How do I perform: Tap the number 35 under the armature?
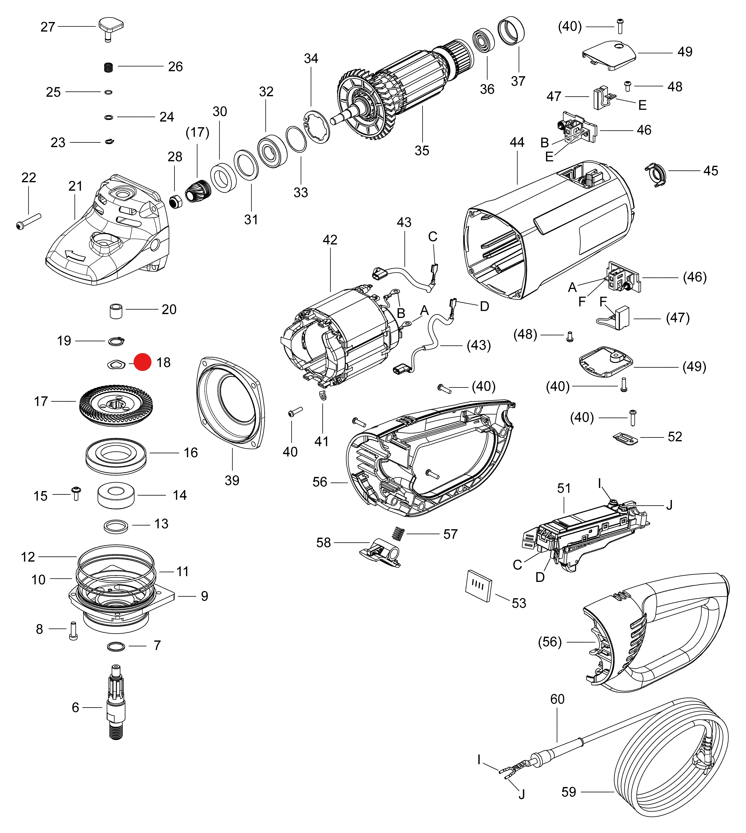pyautogui.click(x=422, y=151)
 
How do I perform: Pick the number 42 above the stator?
pyautogui.click(x=330, y=240)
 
